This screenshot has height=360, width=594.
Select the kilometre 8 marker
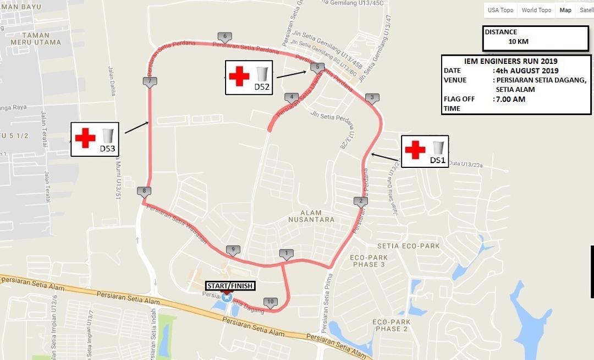[x=144, y=192]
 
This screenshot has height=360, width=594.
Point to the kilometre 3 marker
[x=372, y=98]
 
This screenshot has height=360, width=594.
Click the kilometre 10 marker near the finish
[x=269, y=301]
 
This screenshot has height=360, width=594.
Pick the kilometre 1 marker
[x=286, y=254]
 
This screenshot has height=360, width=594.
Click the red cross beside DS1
[x=415, y=150]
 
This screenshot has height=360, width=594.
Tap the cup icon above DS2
[x=262, y=74]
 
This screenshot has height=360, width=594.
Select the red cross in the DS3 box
[x=85, y=138]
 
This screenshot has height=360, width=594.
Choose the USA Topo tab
[x=501, y=10]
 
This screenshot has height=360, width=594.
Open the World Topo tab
[x=536, y=10]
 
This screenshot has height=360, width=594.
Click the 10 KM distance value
[x=519, y=42]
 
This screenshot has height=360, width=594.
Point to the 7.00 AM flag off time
[x=510, y=100]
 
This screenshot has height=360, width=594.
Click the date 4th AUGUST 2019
[x=526, y=70]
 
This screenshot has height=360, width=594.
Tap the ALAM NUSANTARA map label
[x=311, y=216]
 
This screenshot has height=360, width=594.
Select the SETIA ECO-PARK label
[x=409, y=246]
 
